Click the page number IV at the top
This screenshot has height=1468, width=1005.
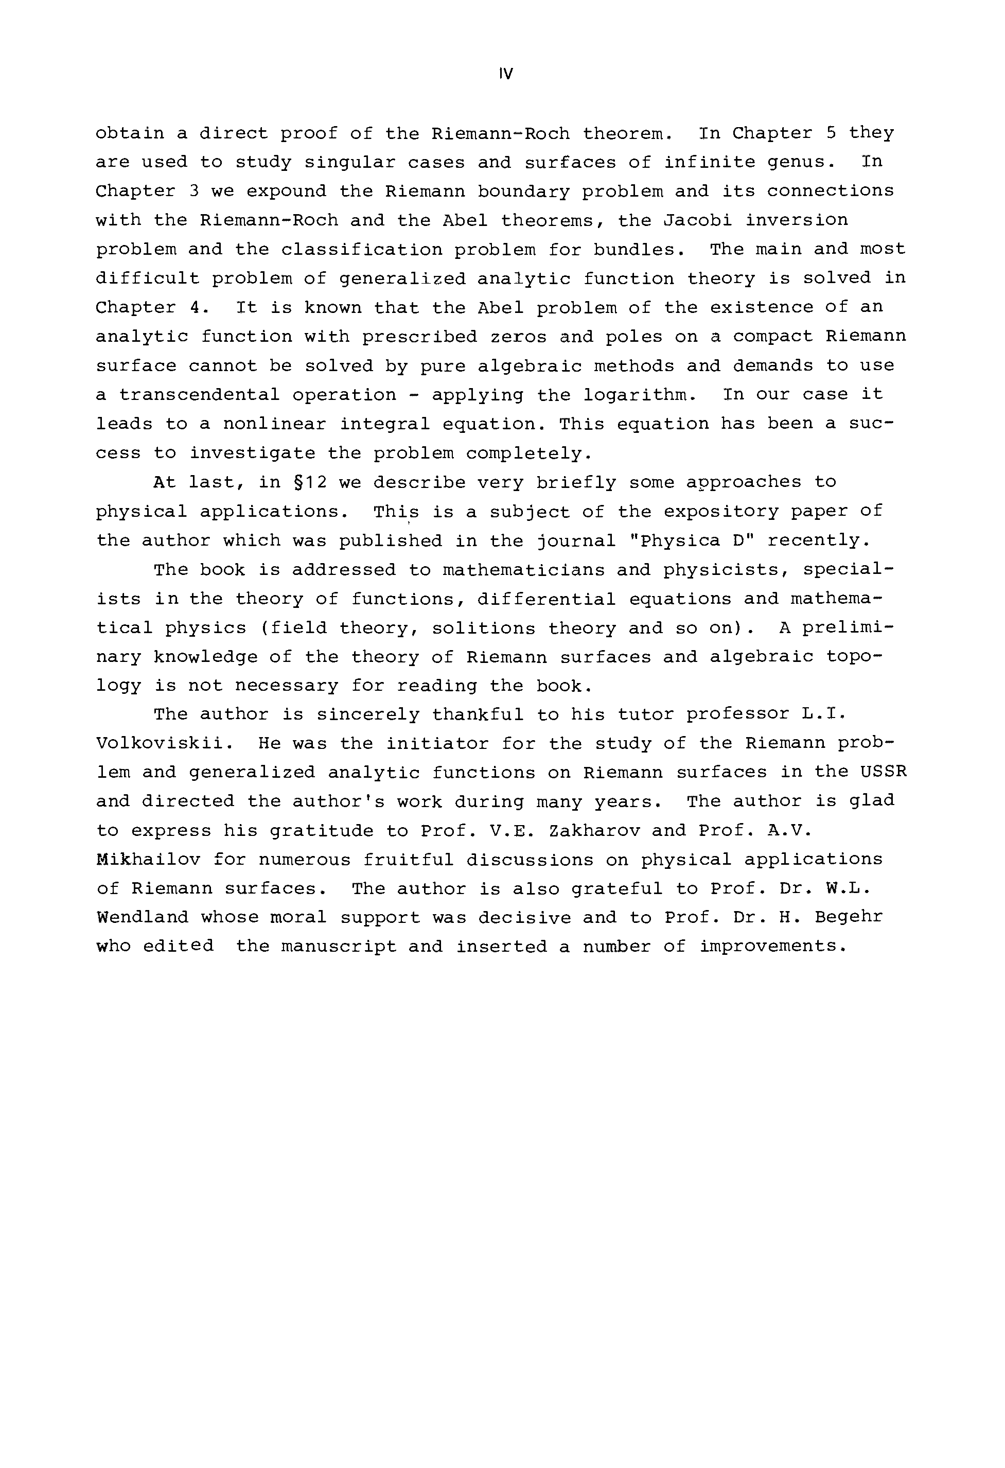pos(505,75)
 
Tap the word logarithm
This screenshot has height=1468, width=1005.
pos(639,395)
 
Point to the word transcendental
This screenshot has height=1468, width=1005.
pos(199,395)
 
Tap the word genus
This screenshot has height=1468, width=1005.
pos(797,162)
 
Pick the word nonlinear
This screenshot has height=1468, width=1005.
pos(274,425)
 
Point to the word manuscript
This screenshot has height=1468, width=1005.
pos(338,947)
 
